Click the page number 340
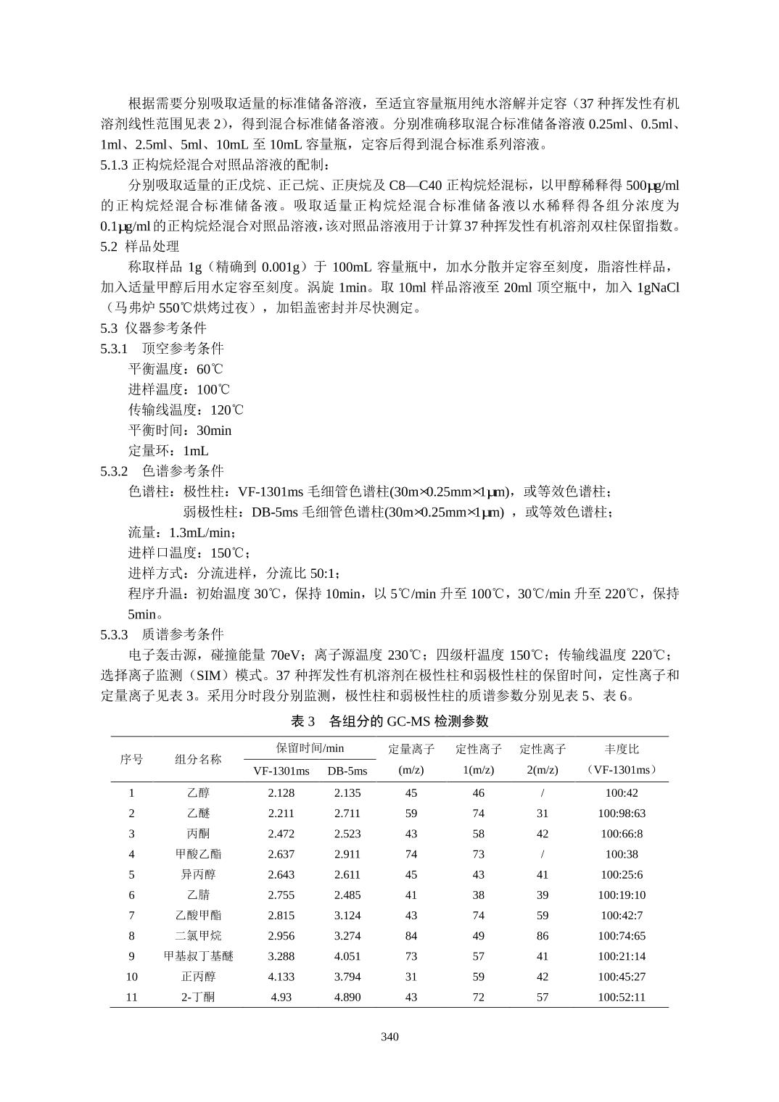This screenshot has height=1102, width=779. (x=389, y=1036)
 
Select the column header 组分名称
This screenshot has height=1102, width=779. (x=198, y=759)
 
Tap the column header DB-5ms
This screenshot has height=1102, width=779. (x=347, y=771)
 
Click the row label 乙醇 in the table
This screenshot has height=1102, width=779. (x=198, y=792)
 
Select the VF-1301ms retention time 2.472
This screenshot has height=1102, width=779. (x=281, y=834)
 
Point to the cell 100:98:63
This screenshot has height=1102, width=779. (x=622, y=813)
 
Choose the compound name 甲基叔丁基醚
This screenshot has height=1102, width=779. (x=198, y=956)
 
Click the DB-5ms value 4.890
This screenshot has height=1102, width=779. (x=347, y=997)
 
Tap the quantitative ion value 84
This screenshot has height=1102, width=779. (x=411, y=936)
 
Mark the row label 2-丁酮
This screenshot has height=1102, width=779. (x=198, y=997)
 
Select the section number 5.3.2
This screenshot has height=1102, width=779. (x=114, y=471)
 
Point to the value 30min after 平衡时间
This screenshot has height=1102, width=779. (x=214, y=430)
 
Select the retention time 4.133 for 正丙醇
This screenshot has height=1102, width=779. (x=281, y=977)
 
